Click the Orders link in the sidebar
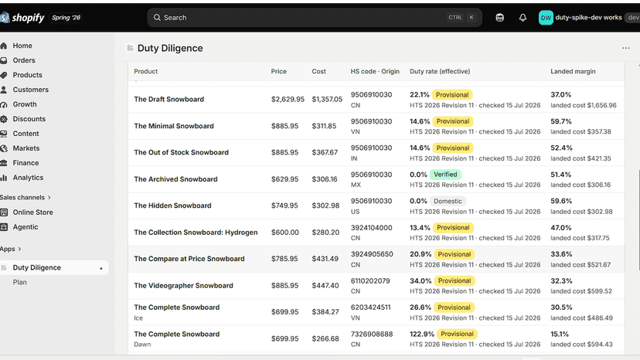pyautogui.click(x=24, y=60)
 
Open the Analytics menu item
pyautogui.click(x=28, y=178)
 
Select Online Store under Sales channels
pyautogui.click(x=32, y=212)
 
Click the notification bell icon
pyautogui.click(x=523, y=18)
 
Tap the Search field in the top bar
pyautogui.click(x=315, y=18)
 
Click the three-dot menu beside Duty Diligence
pyautogui.click(x=626, y=48)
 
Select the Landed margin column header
pyautogui.click(x=573, y=71)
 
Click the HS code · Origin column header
pyautogui.click(x=375, y=71)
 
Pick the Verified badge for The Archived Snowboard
pyautogui.click(x=445, y=175)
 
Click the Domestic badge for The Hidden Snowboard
pyautogui.click(x=448, y=201)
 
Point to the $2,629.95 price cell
pyautogui.click(x=288, y=99)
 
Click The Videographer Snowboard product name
pyautogui.click(x=183, y=286)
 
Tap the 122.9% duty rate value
pyautogui.click(x=421, y=334)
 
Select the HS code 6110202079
pyautogui.click(x=370, y=281)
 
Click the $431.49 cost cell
pyautogui.click(x=325, y=259)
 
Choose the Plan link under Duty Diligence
pyautogui.click(x=19, y=283)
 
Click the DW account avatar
pyautogui.click(x=546, y=18)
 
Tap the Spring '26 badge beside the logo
pyautogui.click(x=66, y=18)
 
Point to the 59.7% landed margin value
pyautogui.click(x=561, y=121)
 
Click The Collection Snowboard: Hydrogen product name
pyautogui.click(x=196, y=233)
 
